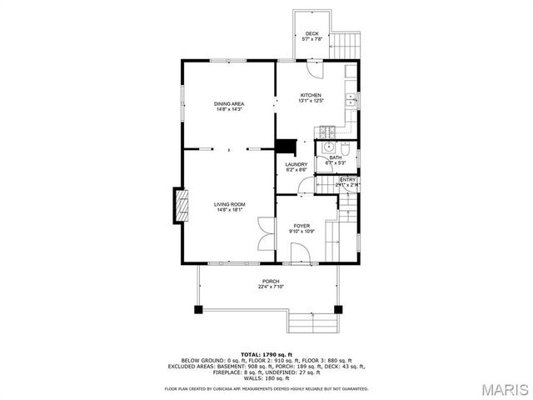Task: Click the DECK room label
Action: [311, 34]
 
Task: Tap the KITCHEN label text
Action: [311, 96]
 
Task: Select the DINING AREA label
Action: [229, 103]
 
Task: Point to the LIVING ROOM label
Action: [229, 204]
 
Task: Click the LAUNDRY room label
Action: [296, 165]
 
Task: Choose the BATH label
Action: [335, 158]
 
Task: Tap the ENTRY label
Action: [347, 179]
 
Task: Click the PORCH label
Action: [271, 282]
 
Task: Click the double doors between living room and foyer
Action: [266, 232]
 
